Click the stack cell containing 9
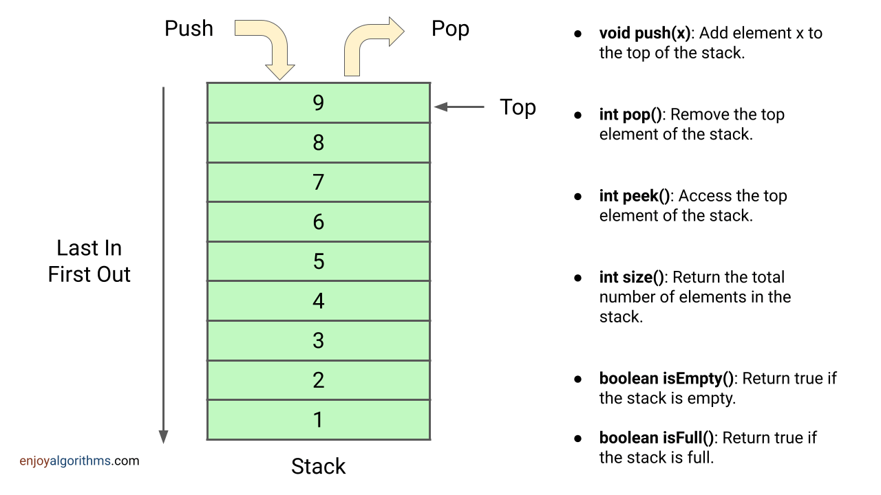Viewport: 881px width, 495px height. click(x=318, y=102)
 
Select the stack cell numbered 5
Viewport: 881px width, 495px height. click(x=318, y=261)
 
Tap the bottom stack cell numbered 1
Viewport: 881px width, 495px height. click(x=318, y=419)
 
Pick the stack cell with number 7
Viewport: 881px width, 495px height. click(x=318, y=182)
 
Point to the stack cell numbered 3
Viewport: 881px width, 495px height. click(x=318, y=340)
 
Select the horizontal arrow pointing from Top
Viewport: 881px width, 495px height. click(x=459, y=107)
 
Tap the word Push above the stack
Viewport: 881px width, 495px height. click(x=189, y=29)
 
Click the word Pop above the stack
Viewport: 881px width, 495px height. click(x=450, y=29)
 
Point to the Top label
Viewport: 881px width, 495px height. click(x=518, y=107)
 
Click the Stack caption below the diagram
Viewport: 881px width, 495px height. click(x=318, y=466)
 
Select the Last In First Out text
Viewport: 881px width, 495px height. click(x=89, y=261)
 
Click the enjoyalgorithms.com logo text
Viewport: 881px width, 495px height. click(x=79, y=461)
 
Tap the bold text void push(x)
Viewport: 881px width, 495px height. click(x=644, y=33)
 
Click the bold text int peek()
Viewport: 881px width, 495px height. click(x=635, y=196)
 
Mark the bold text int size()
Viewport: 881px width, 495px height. click(x=632, y=277)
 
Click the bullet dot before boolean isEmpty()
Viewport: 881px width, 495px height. click(x=579, y=379)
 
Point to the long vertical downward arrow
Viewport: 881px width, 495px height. click(x=163, y=265)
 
